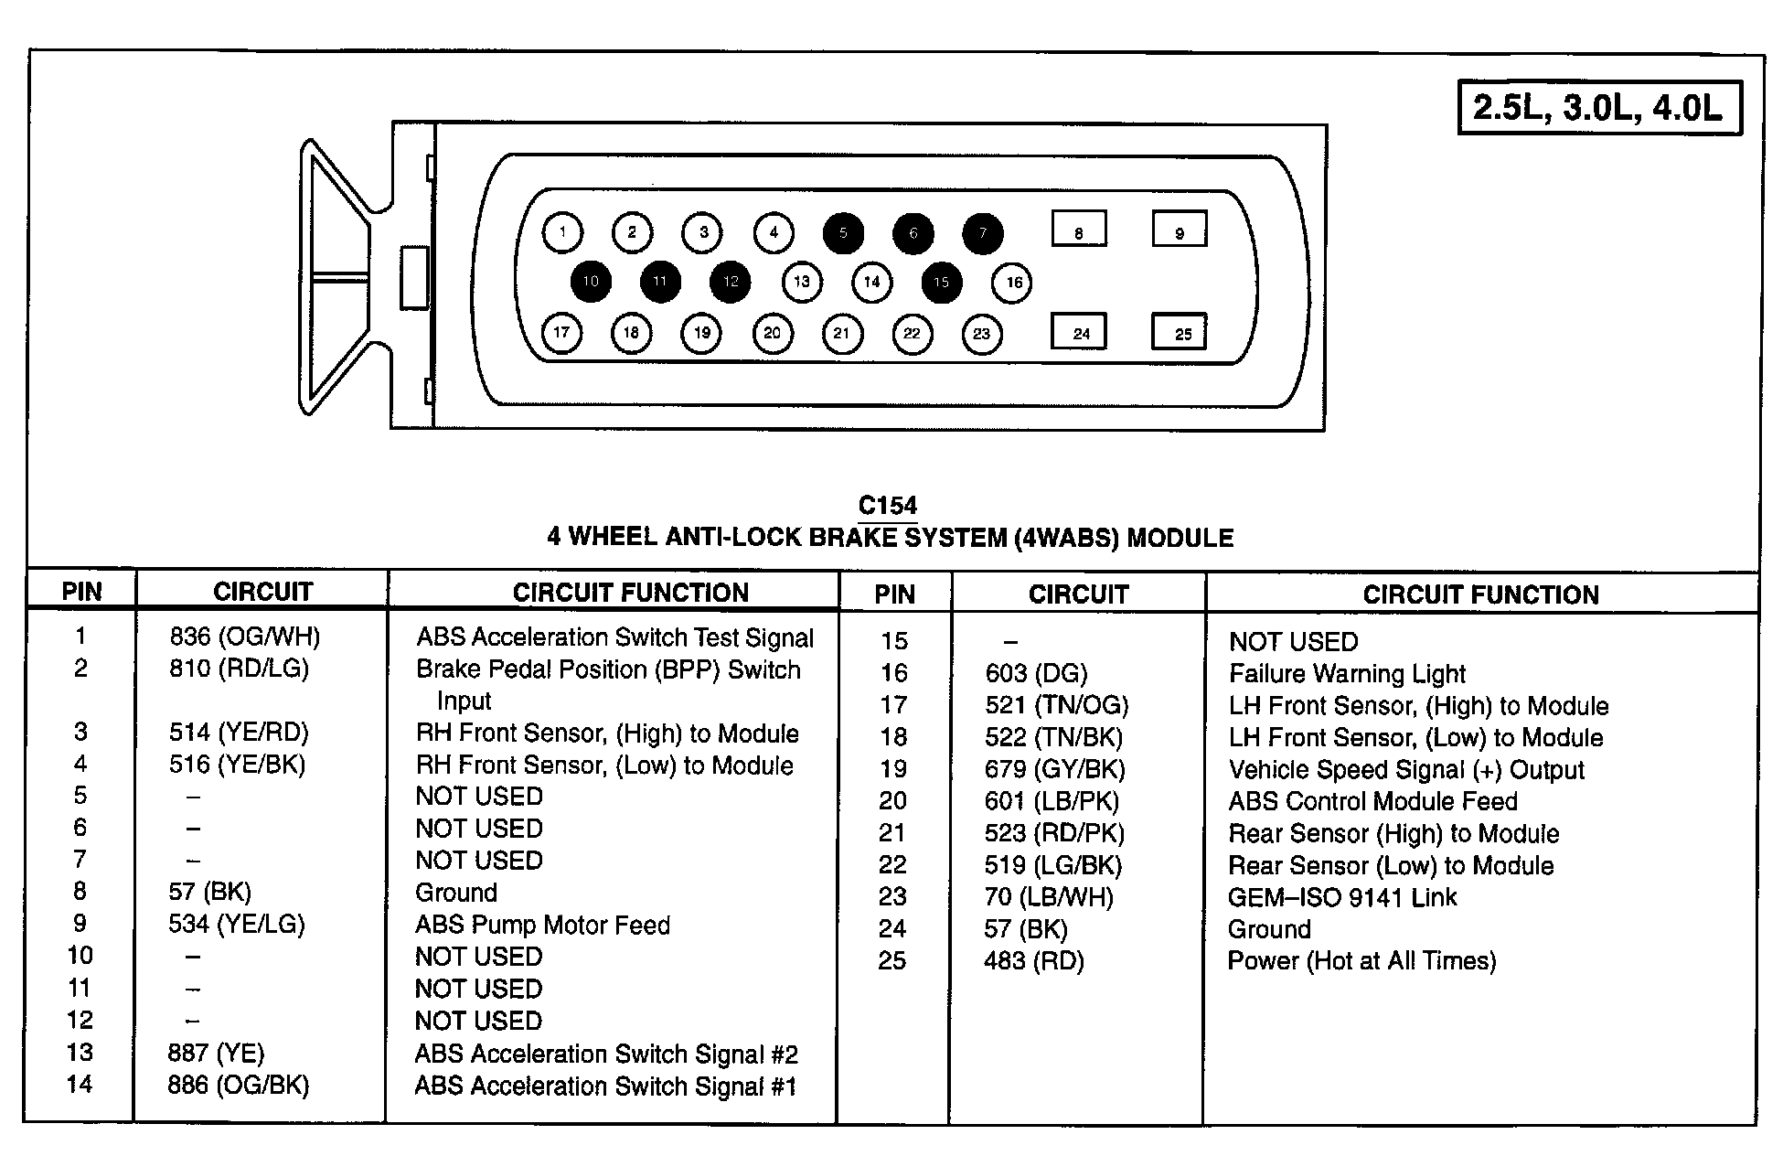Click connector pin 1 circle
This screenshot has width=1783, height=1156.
tap(562, 232)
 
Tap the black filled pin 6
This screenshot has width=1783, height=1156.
tap(913, 233)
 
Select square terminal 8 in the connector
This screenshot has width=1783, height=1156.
tap(1079, 230)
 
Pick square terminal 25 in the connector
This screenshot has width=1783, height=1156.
tap(1180, 333)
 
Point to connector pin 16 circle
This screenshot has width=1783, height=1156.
tap(1013, 282)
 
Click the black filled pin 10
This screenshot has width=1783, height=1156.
tap(591, 281)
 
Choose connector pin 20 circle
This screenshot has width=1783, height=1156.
tap(772, 333)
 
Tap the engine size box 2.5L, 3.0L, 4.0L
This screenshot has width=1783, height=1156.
tap(1598, 109)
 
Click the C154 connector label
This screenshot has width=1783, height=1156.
tap(887, 506)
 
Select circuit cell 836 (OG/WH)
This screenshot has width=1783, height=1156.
tap(244, 637)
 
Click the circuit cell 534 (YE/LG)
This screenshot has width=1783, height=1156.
tap(236, 924)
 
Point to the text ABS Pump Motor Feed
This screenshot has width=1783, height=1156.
tap(542, 925)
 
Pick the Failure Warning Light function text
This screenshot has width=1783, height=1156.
tap(1347, 674)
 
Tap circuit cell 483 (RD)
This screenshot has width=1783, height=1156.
tap(1033, 961)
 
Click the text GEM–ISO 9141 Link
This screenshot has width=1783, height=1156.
tap(1341, 897)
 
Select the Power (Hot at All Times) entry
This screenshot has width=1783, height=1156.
tap(1361, 961)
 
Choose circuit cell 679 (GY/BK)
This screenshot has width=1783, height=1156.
tap(1054, 769)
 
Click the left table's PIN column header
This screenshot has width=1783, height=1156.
tap(81, 592)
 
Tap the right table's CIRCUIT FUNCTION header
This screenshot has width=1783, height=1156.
tap(1480, 594)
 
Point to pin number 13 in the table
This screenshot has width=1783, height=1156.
tap(80, 1052)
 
